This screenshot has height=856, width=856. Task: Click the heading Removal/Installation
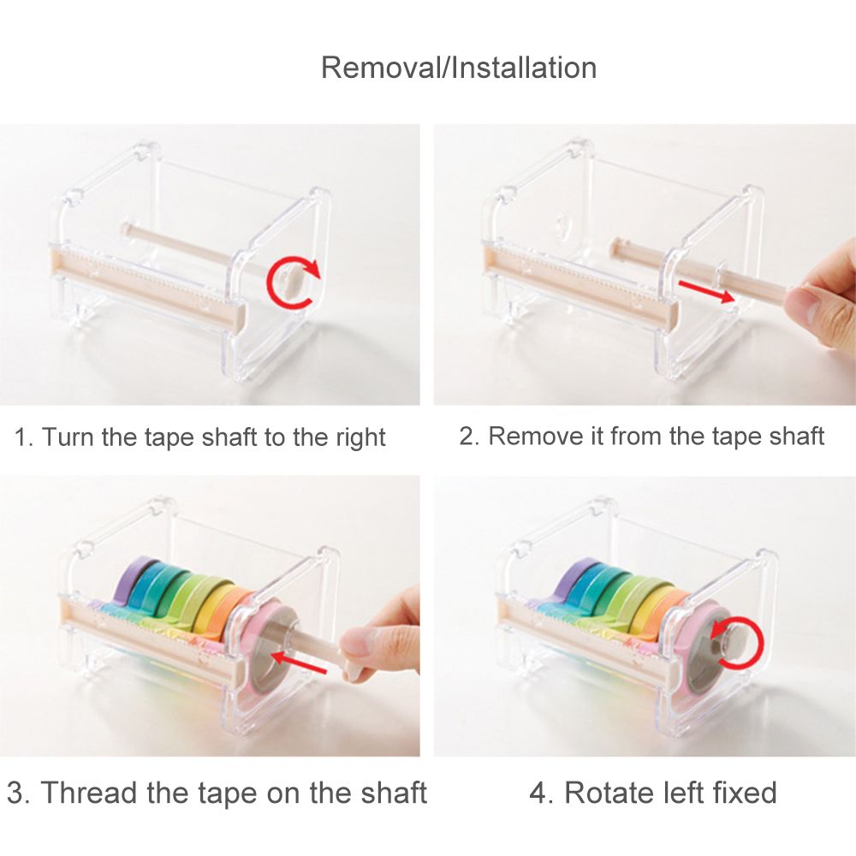pyautogui.click(x=459, y=68)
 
